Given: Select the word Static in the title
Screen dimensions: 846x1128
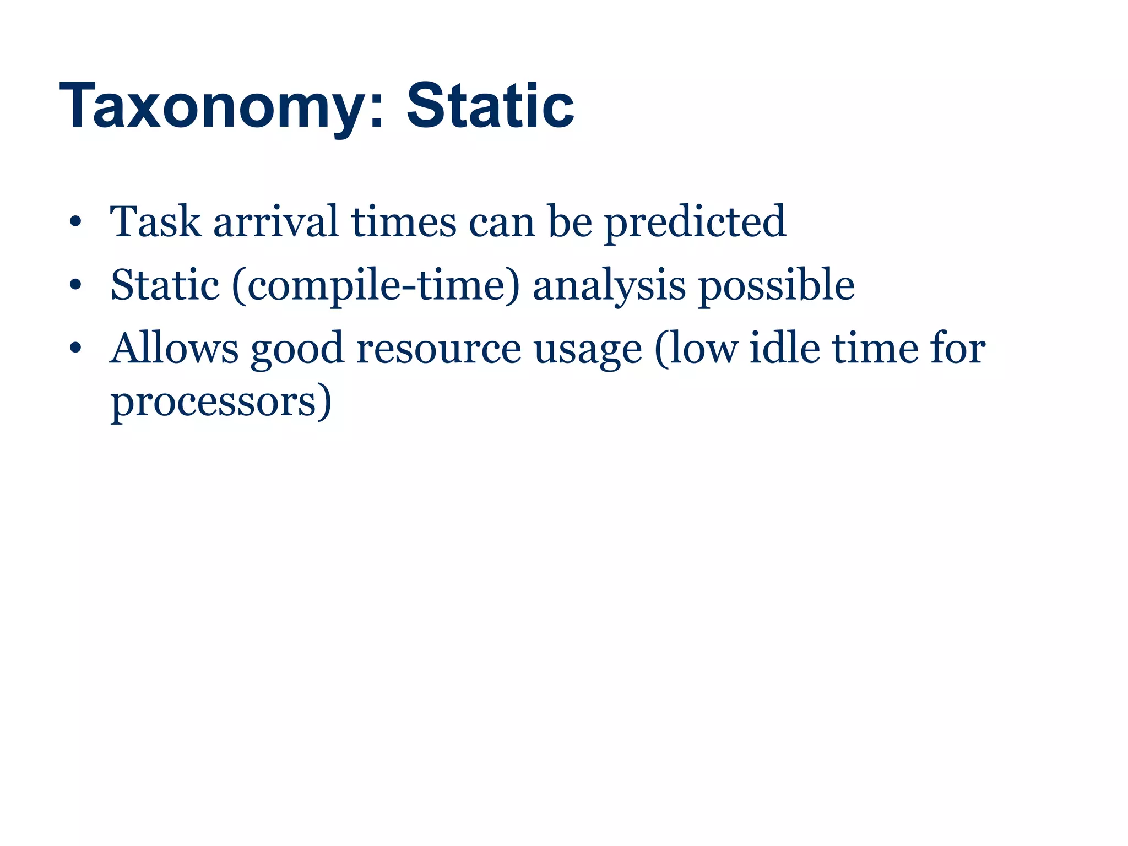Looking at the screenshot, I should [490, 106].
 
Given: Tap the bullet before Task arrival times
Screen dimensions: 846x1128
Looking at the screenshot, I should [75, 223].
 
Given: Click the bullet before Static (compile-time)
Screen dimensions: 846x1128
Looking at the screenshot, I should [75, 286].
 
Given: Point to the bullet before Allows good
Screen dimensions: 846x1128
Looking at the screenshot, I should [75, 349].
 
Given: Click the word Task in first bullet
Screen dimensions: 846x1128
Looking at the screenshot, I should [155, 221].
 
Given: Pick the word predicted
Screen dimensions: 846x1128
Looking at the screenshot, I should [695, 221].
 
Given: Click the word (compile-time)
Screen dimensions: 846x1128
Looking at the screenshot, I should [376, 285].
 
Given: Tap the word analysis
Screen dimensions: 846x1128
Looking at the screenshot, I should [609, 285].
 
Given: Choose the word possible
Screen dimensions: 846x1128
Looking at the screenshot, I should [777, 285].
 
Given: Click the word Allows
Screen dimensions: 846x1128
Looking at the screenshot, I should [174, 348].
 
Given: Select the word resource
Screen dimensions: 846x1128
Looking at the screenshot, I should [438, 349].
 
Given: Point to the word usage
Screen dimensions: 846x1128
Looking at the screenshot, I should [588, 349].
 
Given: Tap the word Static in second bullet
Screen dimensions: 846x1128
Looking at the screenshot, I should [165, 285].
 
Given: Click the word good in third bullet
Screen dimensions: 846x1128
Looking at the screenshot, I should [297, 349].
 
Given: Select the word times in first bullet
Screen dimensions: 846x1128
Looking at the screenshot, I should [404, 221].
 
